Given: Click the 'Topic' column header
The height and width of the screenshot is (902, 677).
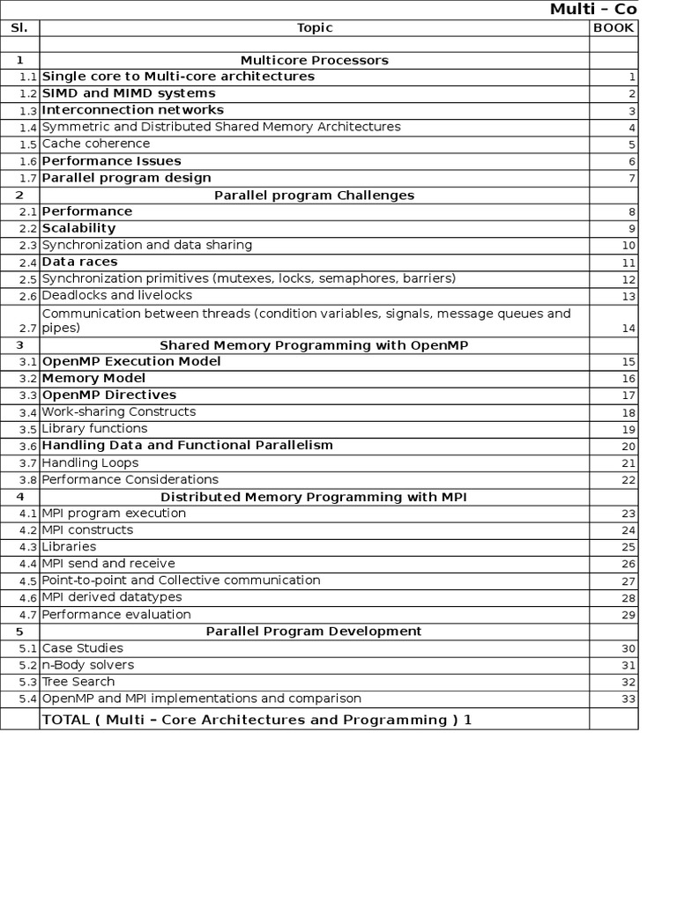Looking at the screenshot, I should [x=315, y=27].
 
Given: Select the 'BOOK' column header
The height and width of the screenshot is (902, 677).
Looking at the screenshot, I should [x=614, y=27].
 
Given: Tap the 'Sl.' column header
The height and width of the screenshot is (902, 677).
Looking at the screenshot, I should [x=19, y=27].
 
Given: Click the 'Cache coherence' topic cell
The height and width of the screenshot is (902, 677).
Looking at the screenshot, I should [x=96, y=144].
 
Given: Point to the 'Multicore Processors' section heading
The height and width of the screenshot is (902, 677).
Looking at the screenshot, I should [x=315, y=60].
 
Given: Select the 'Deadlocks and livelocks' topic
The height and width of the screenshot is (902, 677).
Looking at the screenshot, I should [x=116, y=295].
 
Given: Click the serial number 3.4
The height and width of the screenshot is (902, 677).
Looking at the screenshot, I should [x=28, y=412].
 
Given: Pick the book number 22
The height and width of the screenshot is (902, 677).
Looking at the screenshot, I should [x=628, y=480].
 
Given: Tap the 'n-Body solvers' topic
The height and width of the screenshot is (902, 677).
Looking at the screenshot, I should [x=88, y=665].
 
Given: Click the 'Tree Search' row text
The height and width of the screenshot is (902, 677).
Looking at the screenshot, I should [x=78, y=682].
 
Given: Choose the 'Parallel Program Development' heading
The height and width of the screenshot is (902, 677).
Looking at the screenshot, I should [x=314, y=631].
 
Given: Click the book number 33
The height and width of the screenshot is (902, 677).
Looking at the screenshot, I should [x=628, y=699].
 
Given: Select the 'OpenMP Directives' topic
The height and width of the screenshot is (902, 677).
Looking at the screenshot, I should [x=109, y=395].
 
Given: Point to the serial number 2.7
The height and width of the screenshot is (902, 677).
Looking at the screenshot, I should [x=28, y=329].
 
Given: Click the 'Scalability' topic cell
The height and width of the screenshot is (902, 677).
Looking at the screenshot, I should [x=79, y=228].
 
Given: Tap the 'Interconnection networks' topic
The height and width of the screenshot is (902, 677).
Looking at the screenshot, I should [x=133, y=110].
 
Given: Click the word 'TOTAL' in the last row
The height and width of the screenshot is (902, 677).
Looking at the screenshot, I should [x=66, y=720].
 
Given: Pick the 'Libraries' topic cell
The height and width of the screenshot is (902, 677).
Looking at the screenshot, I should [x=69, y=547].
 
